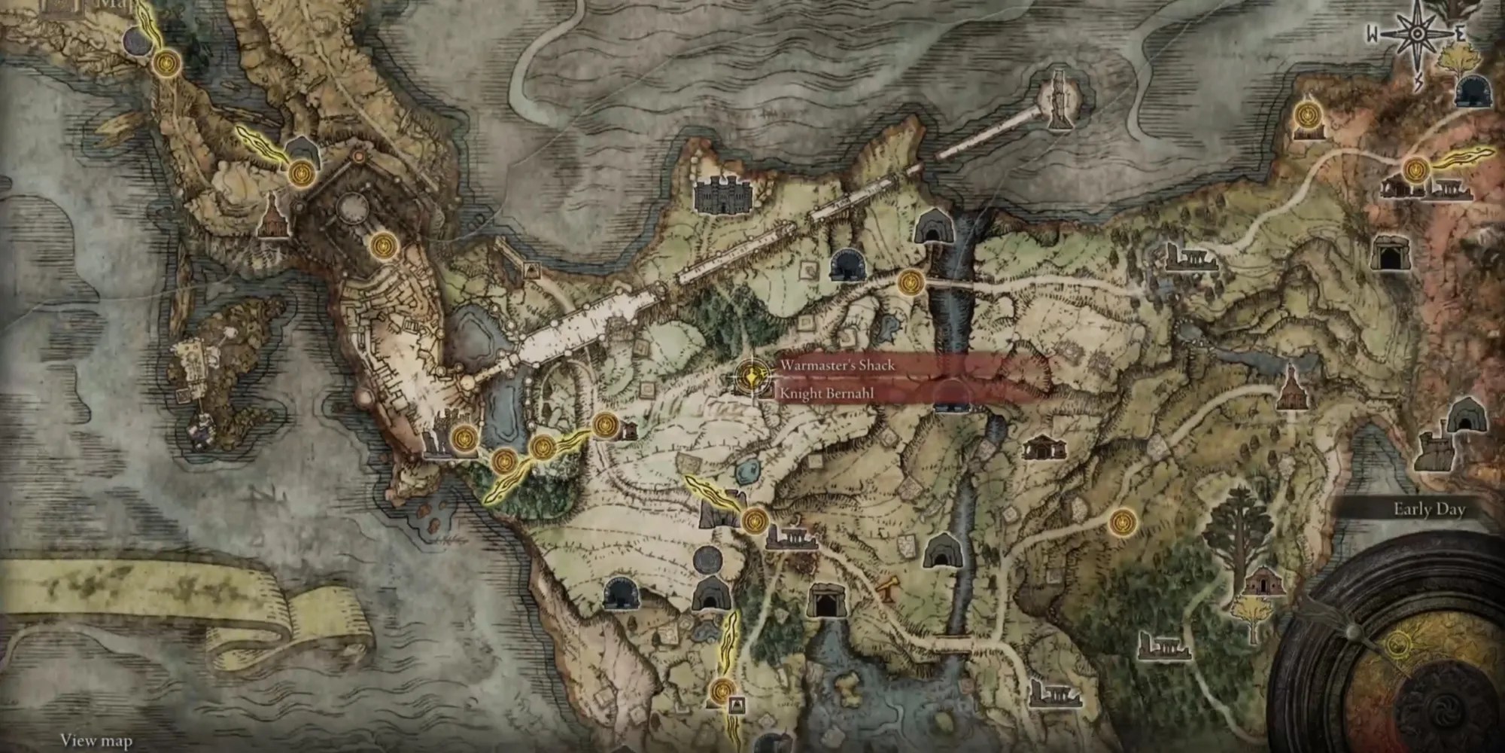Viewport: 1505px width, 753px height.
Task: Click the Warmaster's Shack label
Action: coord(837,365)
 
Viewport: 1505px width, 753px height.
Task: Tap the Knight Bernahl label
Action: coord(826,393)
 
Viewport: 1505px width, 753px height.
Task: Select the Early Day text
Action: coord(1429,510)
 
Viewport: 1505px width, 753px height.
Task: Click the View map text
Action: coord(96,741)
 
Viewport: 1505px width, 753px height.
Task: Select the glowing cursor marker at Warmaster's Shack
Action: coord(749,374)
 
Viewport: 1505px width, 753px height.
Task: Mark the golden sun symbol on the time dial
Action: coord(1398,642)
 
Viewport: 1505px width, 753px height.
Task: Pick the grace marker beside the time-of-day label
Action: coord(1122,520)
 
